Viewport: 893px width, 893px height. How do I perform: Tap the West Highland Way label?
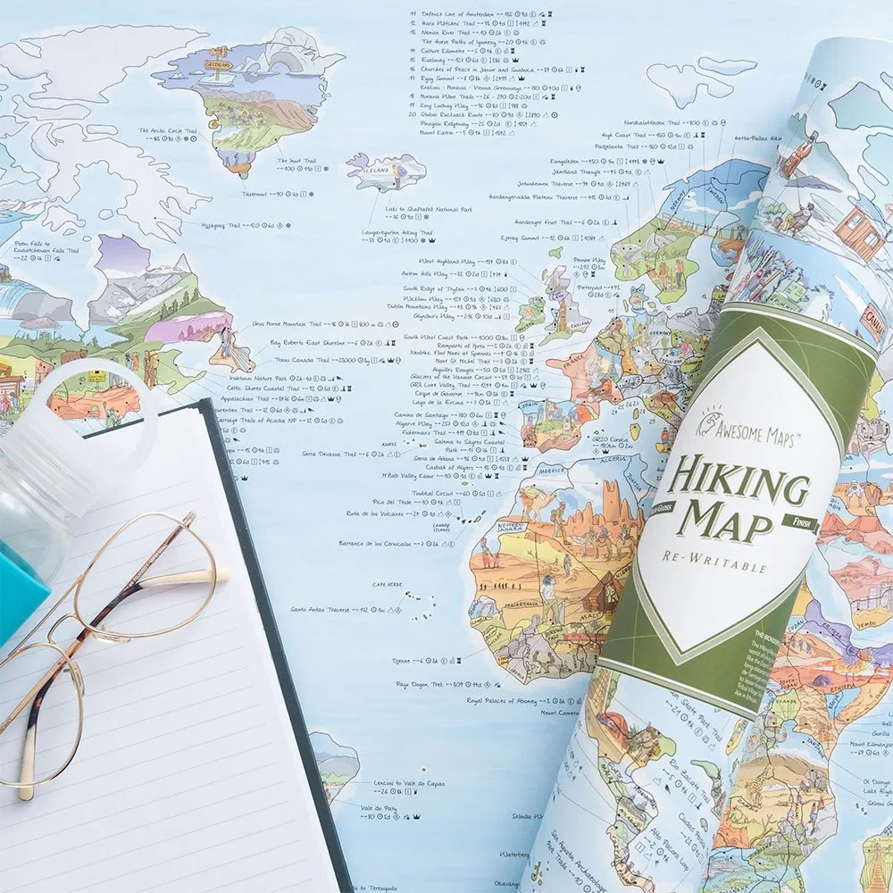pos(447,261)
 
